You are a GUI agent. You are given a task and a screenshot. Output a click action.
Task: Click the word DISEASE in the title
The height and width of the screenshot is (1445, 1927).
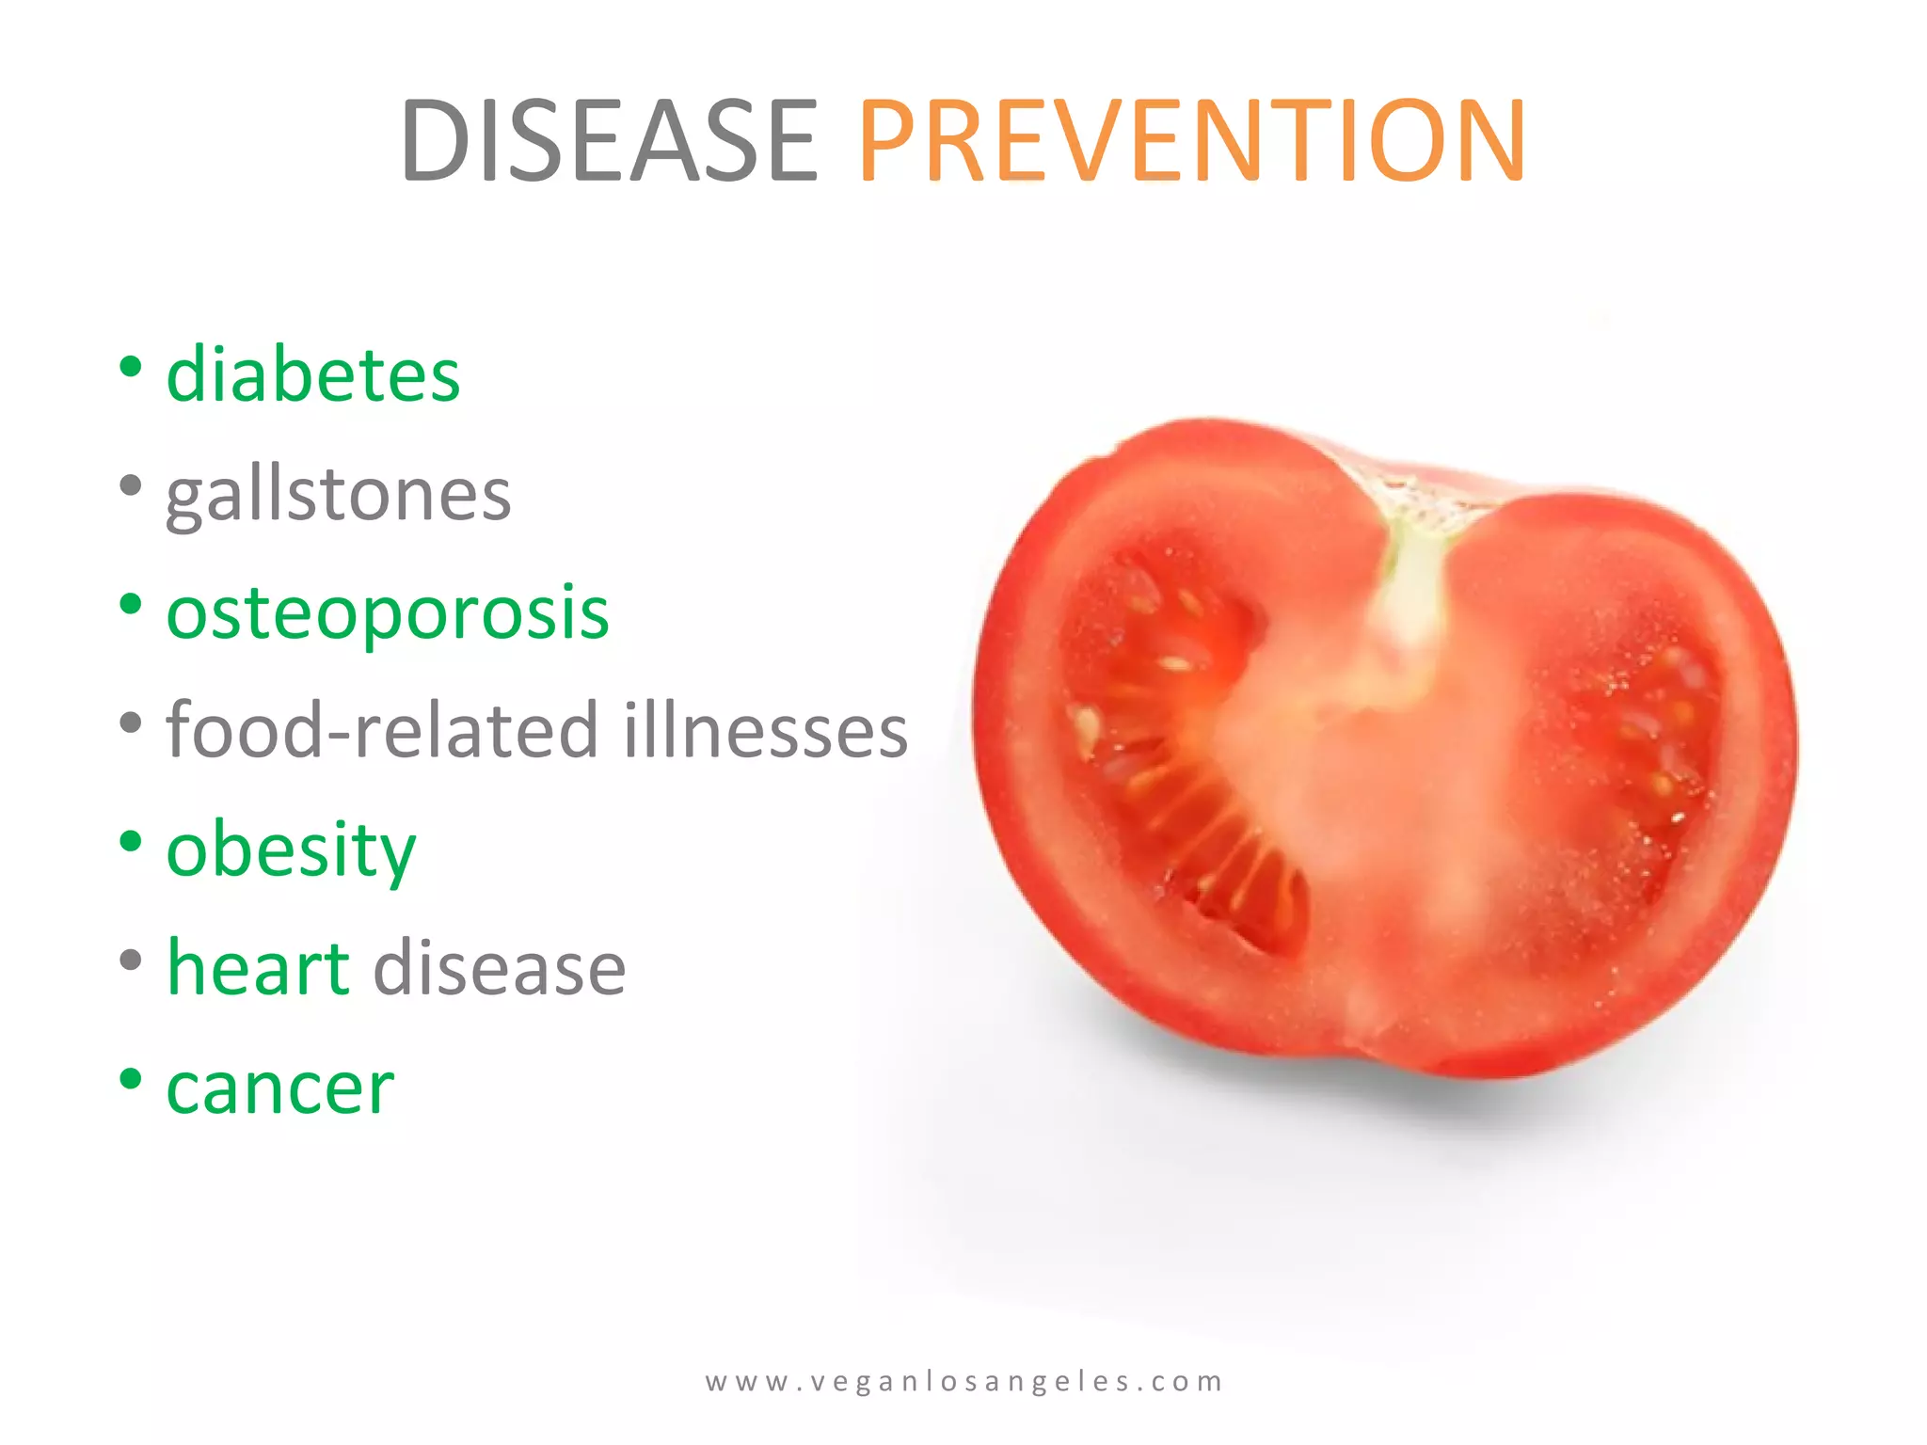(609, 141)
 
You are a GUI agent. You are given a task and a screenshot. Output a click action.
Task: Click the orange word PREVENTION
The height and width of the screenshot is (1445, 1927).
(1191, 141)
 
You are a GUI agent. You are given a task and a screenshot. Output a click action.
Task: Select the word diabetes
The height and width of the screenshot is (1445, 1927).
(312, 374)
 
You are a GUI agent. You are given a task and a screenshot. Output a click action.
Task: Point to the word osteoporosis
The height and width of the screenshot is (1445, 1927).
(388, 612)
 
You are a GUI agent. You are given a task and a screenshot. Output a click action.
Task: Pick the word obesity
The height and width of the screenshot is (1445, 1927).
(291, 850)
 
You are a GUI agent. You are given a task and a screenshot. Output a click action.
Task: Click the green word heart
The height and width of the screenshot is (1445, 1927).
(258, 968)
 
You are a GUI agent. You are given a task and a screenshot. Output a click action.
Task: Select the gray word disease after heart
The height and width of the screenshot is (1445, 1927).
(500, 968)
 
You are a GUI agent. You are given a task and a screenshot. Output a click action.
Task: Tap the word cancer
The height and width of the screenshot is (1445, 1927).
(279, 1088)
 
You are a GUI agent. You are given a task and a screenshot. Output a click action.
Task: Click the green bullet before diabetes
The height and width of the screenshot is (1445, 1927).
(131, 367)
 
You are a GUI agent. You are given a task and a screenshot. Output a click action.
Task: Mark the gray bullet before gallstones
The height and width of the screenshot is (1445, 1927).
(131, 486)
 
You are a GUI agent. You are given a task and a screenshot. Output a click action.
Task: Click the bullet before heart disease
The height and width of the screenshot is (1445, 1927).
(131, 961)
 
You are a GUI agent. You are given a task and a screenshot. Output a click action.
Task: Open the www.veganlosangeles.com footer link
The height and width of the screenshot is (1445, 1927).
(963, 1381)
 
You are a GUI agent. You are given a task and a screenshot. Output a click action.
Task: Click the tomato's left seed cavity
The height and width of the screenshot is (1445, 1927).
(1176, 743)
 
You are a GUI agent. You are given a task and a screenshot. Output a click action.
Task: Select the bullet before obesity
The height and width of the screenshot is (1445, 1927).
(131, 842)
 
